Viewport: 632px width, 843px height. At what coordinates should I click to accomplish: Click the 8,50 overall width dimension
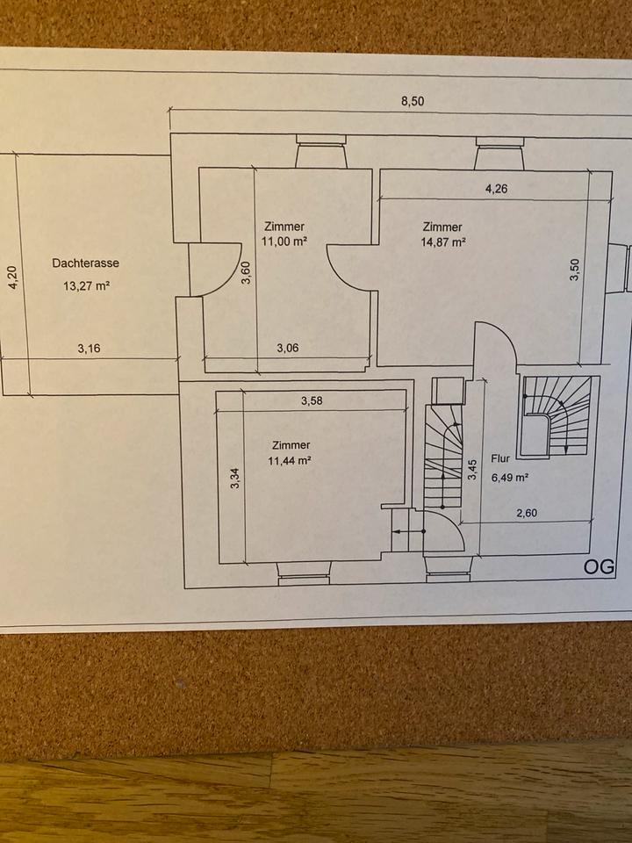pyautogui.click(x=413, y=101)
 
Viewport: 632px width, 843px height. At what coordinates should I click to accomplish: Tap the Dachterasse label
pyautogui.click(x=85, y=263)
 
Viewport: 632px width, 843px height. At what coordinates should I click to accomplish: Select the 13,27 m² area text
pyautogui.click(x=85, y=285)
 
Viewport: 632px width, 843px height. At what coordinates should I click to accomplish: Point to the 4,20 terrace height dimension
pyautogui.click(x=12, y=278)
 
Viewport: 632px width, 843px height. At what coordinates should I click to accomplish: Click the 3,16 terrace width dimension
pyautogui.click(x=89, y=348)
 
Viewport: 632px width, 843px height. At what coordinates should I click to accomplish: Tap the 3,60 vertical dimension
pyautogui.click(x=247, y=273)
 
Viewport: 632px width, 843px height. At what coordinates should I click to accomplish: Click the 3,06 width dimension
pyautogui.click(x=288, y=348)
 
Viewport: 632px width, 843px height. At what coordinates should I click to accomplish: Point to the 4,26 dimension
pyautogui.click(x=496, y=189)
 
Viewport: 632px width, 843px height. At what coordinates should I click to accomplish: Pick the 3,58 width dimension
pyautogui.click(x=312, y=401)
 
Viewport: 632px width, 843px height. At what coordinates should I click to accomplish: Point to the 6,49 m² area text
pyautogui.click(x=509, y=478)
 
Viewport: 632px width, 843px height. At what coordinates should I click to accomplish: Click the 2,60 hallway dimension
pyautogui.click(x=526, y=514)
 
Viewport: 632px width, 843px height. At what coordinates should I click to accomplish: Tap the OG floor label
pyautogui.click(x=599, y=566)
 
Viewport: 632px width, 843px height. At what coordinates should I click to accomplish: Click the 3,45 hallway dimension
pyautogui.click(x=472, y=472)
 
